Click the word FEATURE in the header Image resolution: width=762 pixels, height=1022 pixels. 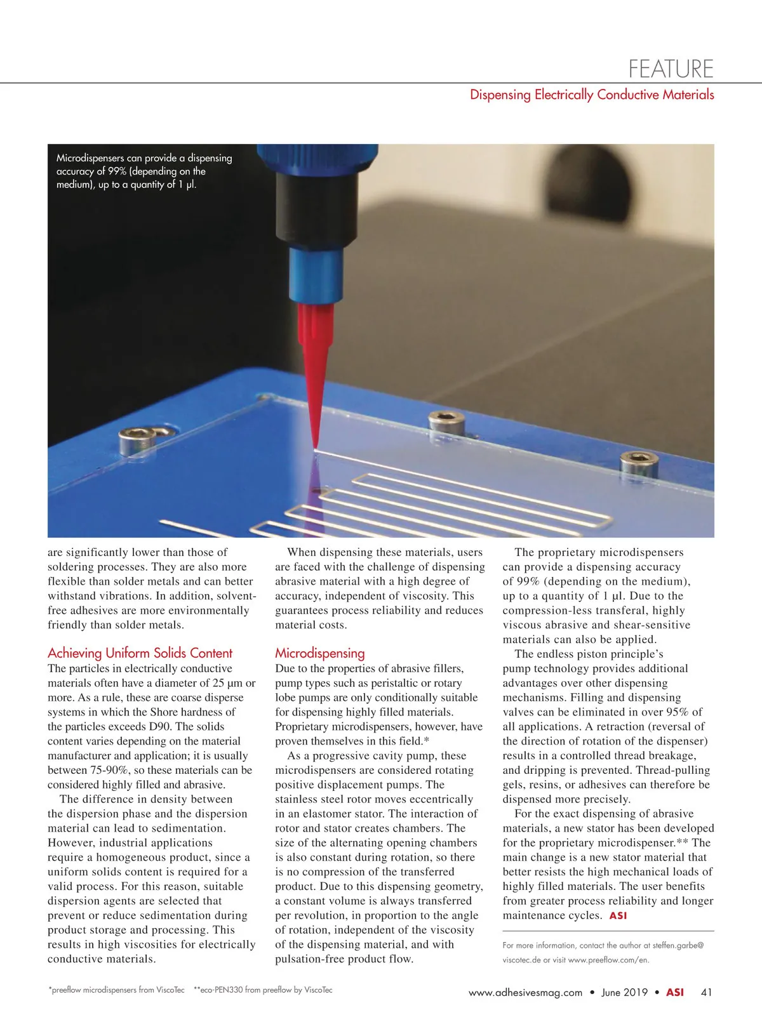(671, 68)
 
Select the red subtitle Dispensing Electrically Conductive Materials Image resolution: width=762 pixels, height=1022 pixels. (592, 95)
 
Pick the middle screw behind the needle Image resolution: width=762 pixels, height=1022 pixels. (442, 420)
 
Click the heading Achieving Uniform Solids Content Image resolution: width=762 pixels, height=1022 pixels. (140, 653)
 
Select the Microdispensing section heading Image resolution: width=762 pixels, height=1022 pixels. (319, 653)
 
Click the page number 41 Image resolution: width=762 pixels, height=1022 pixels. (707, 992)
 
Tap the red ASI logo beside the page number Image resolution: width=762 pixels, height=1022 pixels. (674, 992)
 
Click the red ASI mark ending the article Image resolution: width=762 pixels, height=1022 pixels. (618, 916)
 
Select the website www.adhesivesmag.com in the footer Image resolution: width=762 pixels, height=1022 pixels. (525, 993)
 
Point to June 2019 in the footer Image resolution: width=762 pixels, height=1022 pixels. (624, 993)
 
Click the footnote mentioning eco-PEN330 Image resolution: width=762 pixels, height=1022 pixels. (262, 990)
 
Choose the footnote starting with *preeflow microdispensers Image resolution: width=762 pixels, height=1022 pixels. (116, 990)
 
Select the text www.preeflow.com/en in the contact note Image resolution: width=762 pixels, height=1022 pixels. (608, 960)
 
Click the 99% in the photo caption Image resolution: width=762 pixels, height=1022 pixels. (117, 171)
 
